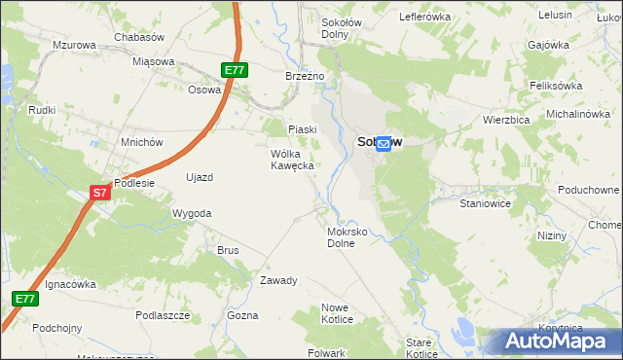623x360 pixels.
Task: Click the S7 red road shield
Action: [x=100, y=193]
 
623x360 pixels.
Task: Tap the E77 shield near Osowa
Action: [x=235, y=70]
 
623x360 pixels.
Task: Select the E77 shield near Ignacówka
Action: [x=26, y=299]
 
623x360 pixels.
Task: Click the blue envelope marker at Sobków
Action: [x=384, y=143]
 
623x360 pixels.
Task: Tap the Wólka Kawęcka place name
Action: [x=292, y=160]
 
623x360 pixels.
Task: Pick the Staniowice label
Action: [x=485, y=205]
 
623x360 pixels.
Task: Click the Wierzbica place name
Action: [x=505, y=120]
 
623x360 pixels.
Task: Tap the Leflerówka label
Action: [x=425, y=17]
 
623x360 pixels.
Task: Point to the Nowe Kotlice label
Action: [x=335, y=313]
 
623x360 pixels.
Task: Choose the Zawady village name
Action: [x=278, y=280]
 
